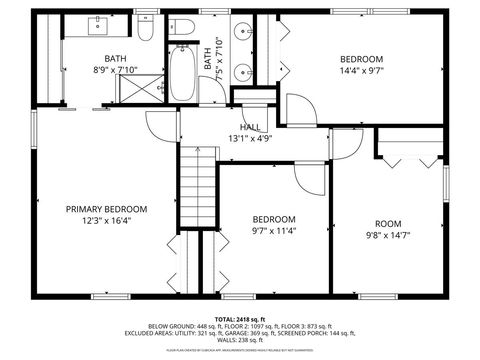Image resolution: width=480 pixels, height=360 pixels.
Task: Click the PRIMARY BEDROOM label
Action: point(107,209)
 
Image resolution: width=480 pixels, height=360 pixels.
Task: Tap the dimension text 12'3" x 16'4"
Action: point(107,221)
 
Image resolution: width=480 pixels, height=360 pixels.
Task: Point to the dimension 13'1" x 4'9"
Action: point(251,138)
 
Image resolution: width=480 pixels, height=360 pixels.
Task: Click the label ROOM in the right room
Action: point(388,223)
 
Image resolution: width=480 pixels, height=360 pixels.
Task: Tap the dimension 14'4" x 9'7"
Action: point(361,71)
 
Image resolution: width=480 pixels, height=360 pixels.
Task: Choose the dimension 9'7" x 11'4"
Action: point(273,231)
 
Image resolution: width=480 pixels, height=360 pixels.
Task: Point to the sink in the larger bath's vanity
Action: point(103,25)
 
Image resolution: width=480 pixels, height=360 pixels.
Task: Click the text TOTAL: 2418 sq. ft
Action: point(239,317)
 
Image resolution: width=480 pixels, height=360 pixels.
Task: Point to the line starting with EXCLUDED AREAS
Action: point(239,333)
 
